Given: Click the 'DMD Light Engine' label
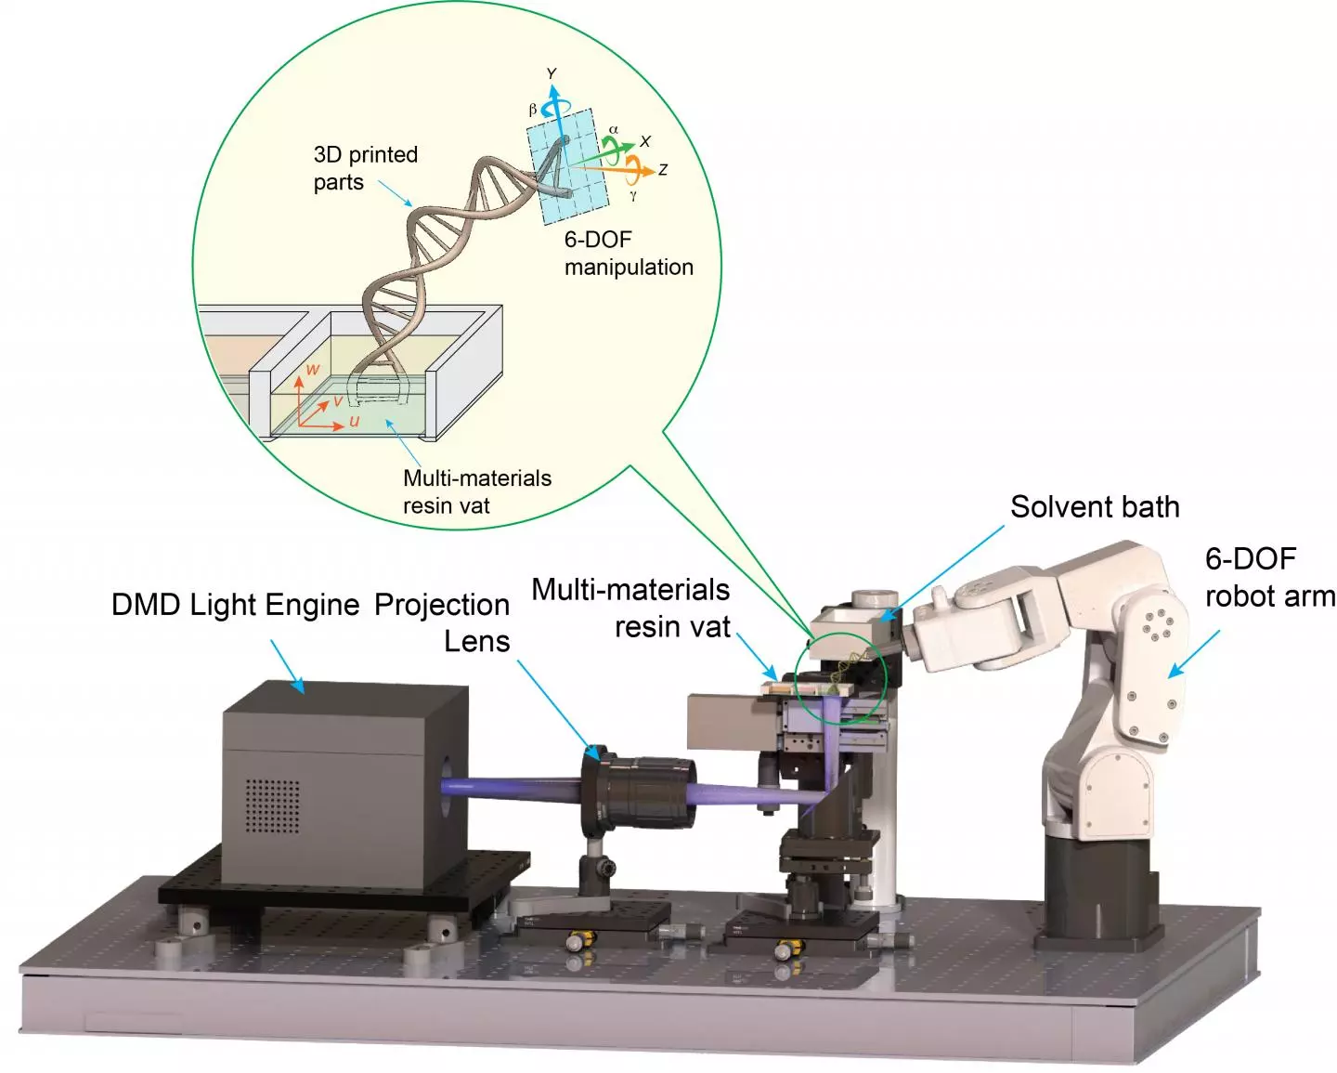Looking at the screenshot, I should pyautogui.click(x=235, y=605).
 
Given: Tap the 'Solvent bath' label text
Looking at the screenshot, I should pyautogui.click(x=1095, y=507).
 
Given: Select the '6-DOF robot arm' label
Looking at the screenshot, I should pyautogui.click(x=1268, y=577).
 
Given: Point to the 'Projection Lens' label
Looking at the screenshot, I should pyautogui.click(x=444, y=622).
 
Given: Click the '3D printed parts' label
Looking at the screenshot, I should pyautogui.click(x=365, y=168).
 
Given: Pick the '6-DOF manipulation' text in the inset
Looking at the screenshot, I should pyautogui.click(x=628, y=254).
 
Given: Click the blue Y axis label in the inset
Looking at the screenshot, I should pyautogui.click(x=552, y=73).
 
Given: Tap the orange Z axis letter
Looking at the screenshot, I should pyautogui.click(x=663, y=170).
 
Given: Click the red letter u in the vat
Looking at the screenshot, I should pyautogui.click(x=354, y=422).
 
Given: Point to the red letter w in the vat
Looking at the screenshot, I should pyautogui.click(x=313, y=370).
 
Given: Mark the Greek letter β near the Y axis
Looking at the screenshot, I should pyautogui.click(x=532, y=110).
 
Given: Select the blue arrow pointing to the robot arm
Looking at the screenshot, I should pyautogui.click(x=1194, y=653).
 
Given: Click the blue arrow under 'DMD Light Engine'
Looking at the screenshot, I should pyautogui.click(x=287, y=666).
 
